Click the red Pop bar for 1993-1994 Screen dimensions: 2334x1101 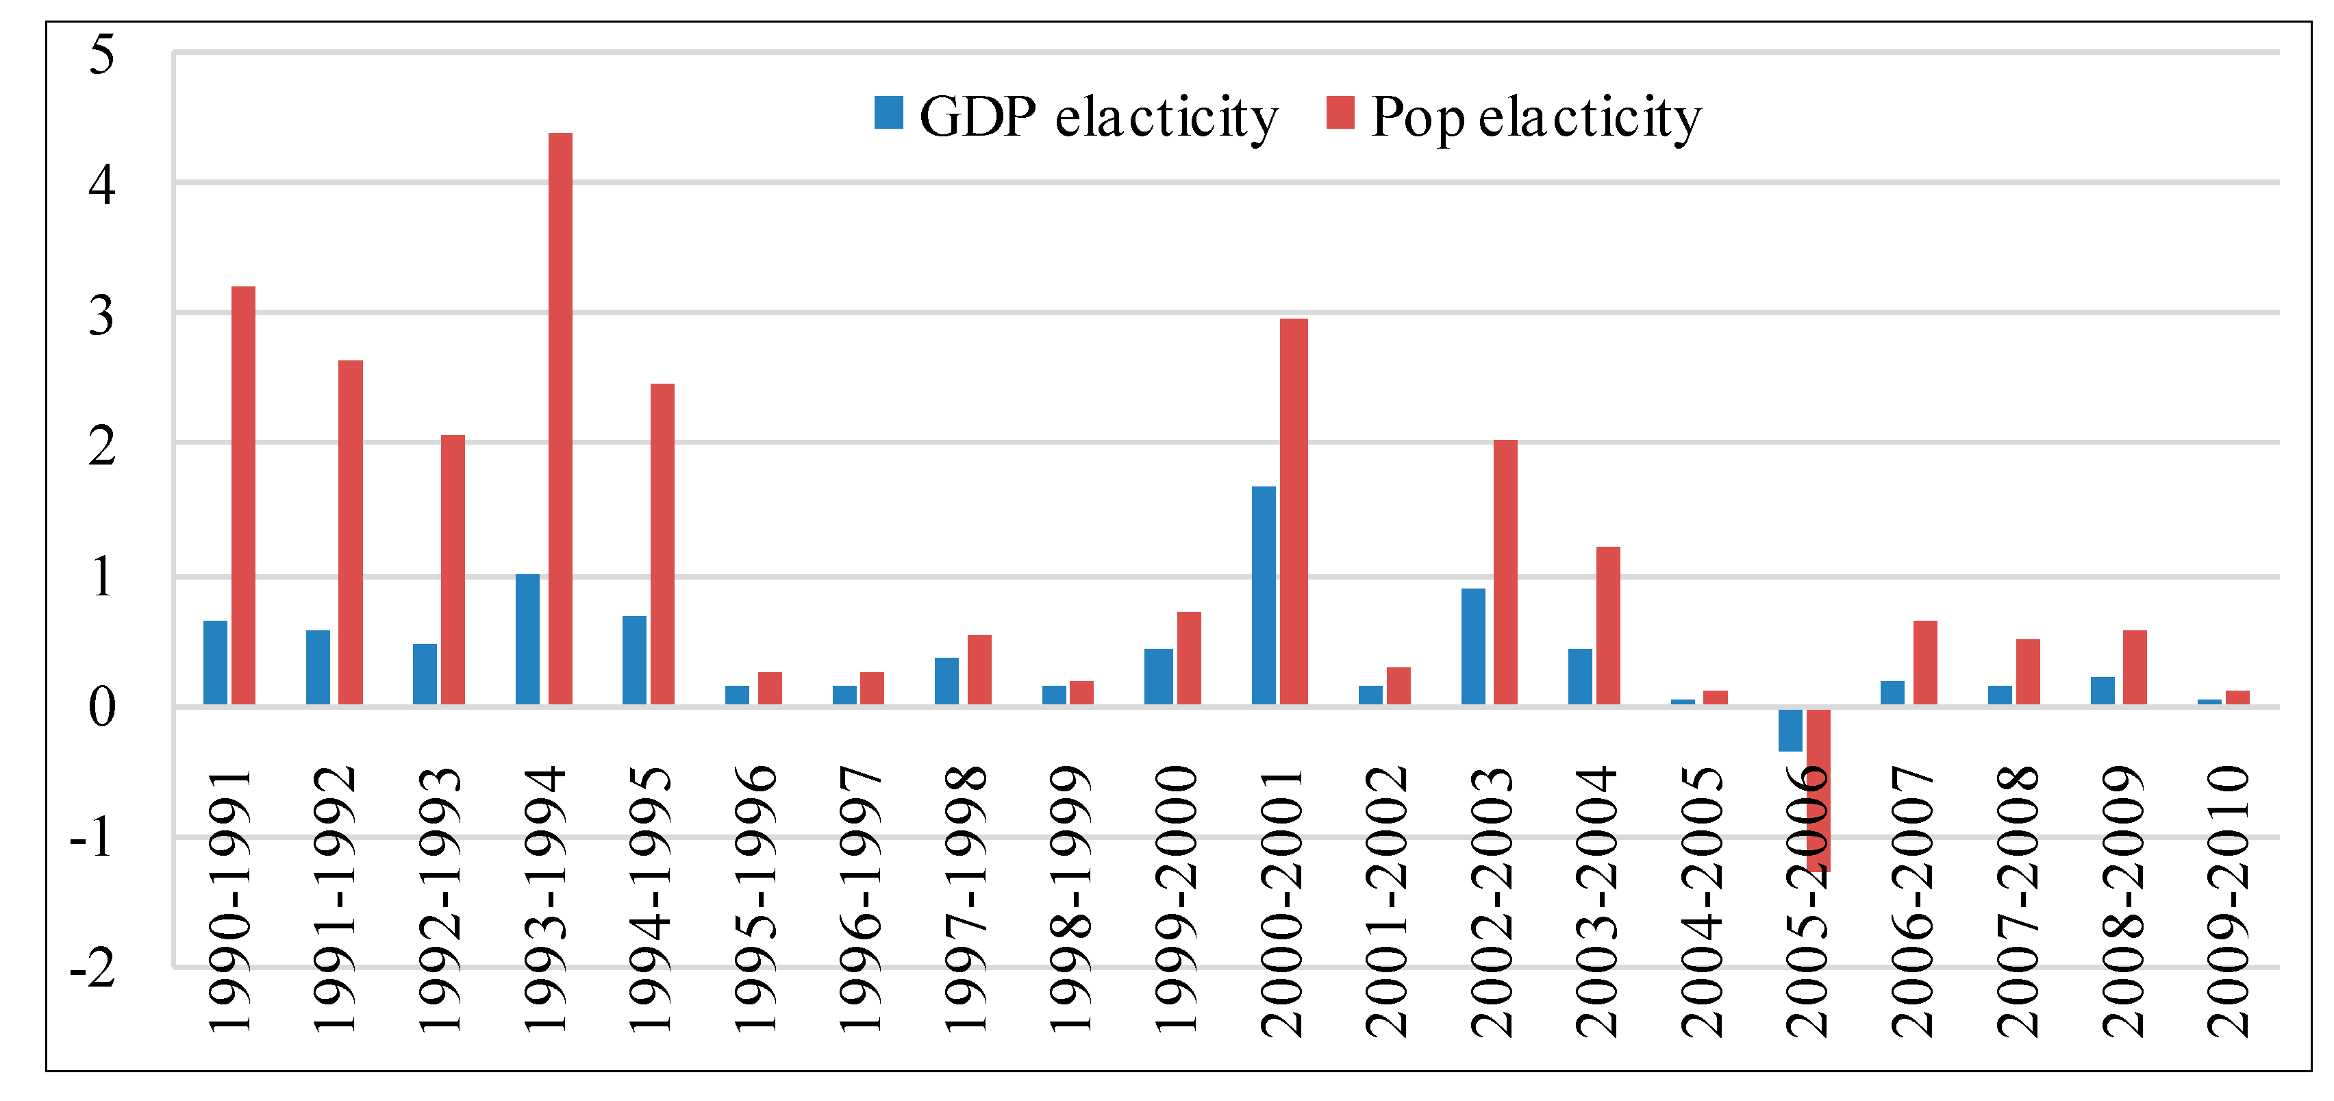point(560,419)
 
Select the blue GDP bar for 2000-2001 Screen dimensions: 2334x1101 point(1264,595)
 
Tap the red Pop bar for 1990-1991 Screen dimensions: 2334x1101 point(244,495)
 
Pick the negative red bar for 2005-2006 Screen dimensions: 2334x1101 point(1818,790)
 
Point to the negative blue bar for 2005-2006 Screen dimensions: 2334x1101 point(1790,730)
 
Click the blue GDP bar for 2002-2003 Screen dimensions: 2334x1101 point(1473,646)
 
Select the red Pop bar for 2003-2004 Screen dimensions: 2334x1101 point(1608,626)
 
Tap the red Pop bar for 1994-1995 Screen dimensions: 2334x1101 point(662,544)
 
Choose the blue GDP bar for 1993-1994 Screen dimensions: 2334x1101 point(527,639)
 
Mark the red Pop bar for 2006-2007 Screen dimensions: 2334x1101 point(1925,663)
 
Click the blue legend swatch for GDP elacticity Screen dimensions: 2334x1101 point(889,112)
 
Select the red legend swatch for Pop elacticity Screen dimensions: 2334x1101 point(1340,112)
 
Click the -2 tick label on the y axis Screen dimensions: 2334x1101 point(92,968)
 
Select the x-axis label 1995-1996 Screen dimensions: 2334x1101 point(755,899)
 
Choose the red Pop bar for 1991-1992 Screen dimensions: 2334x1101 point(351,533)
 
